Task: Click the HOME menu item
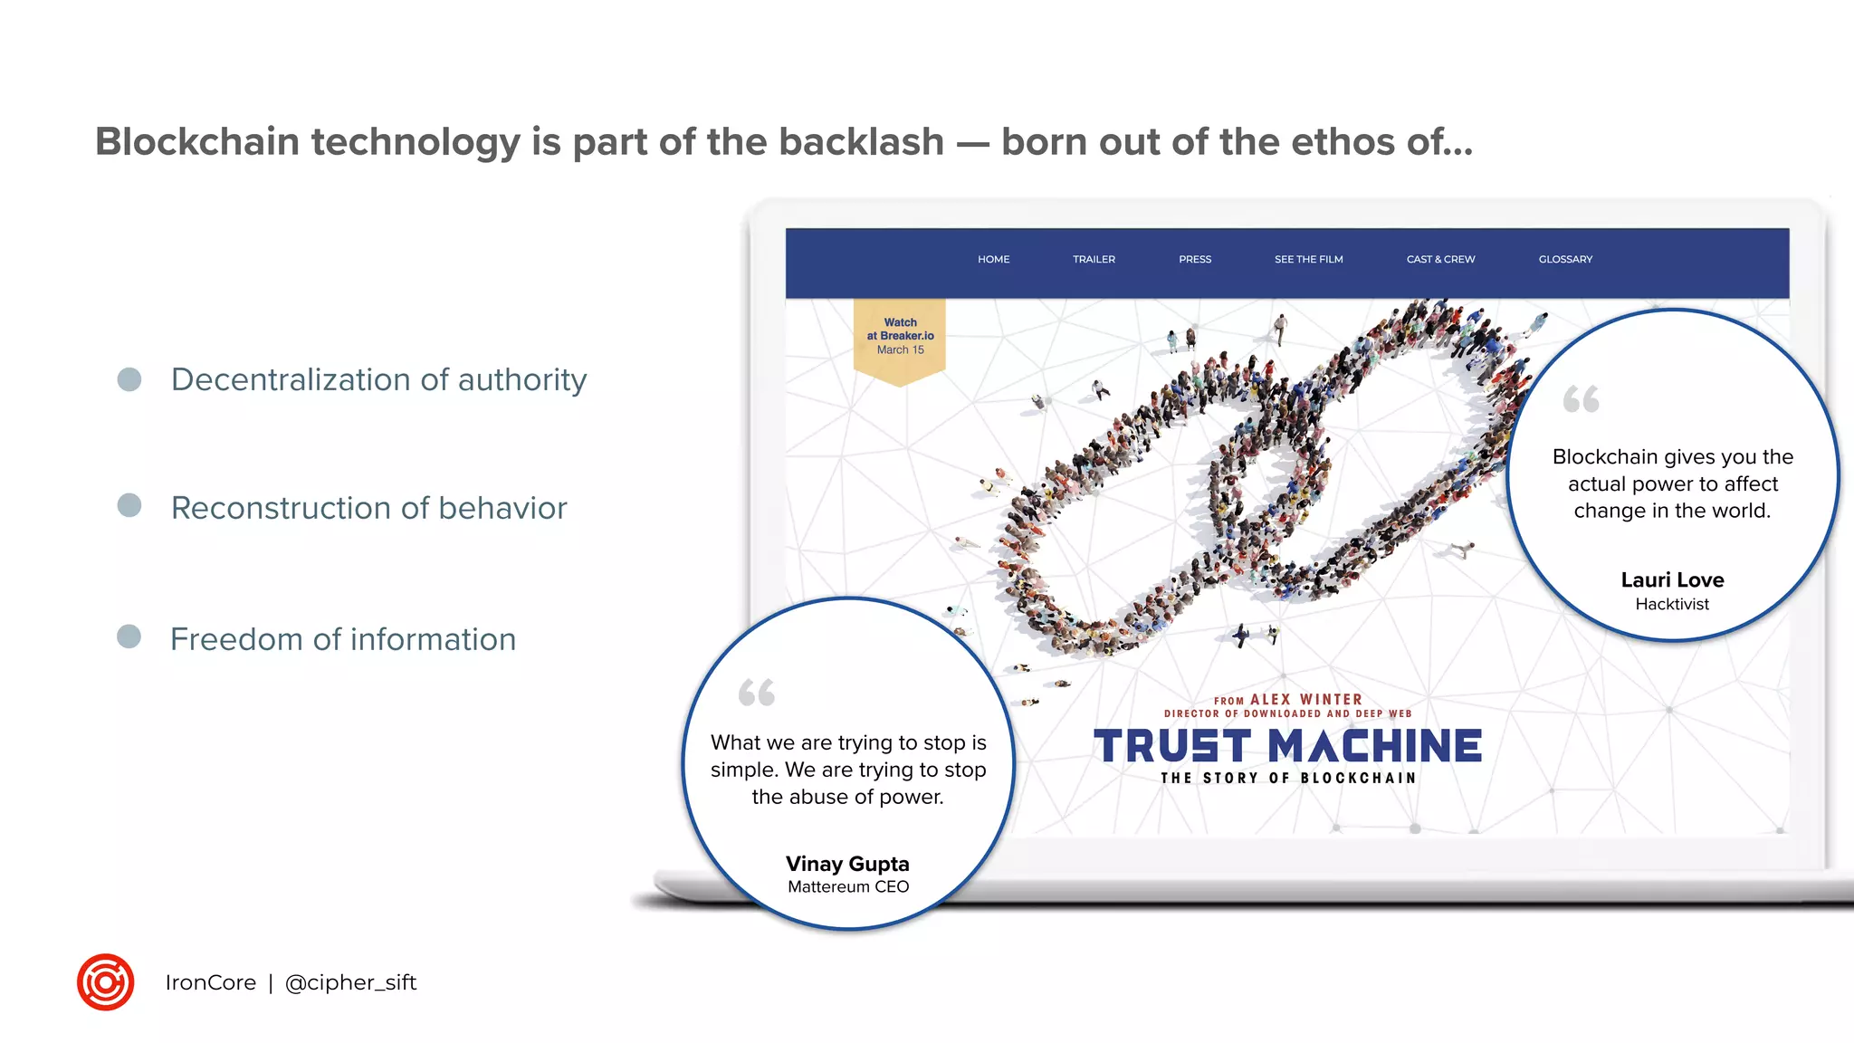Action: (x=993, y=259)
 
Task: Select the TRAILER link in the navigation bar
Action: (x=1094, y=259)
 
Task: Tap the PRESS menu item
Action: (x=1194, y=259)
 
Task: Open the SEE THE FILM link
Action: (x=1308, y=259)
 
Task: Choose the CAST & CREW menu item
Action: (x=1440, y=259)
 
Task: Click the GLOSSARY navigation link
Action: (x=1565, y=259)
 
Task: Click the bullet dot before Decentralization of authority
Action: (x=129, y=379)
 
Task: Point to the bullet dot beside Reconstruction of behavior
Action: (x=129, y=505)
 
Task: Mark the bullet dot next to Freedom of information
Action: (x=129, y=636)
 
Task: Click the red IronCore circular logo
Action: (x=106, y=982)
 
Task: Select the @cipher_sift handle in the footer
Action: (x=350, y=982)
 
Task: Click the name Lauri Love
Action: (x=1672, y=579)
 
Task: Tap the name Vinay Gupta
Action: (x=847, y=864)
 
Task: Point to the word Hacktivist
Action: (x=1672, y=604)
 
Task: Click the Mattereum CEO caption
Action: (x=847, y=887)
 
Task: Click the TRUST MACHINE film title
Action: (x=1287, y=747)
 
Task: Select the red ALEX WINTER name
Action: (x=1305, y=699)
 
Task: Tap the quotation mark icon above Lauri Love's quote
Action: (x=1581, y=399)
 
